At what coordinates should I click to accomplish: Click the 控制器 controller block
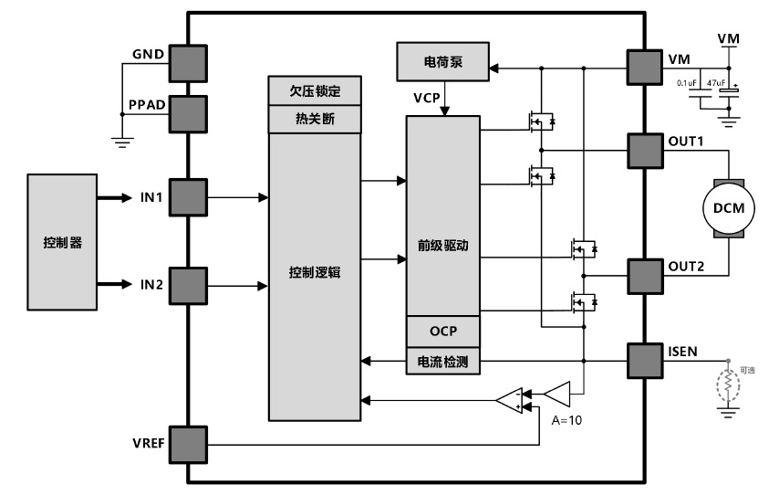click(63, 242)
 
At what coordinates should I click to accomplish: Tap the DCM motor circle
click(728, 207)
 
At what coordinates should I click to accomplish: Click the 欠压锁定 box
click(315, 91)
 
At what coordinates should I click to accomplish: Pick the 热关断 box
click(315, 118)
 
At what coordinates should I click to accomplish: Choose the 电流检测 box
click(442, 363)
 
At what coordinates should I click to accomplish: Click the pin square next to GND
click(187, 61)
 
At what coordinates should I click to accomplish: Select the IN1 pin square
click(187, 196)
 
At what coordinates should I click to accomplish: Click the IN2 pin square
click(187, 284)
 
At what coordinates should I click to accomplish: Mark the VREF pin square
click(187, 445)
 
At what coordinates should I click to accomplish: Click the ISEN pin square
click(645, 361)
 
